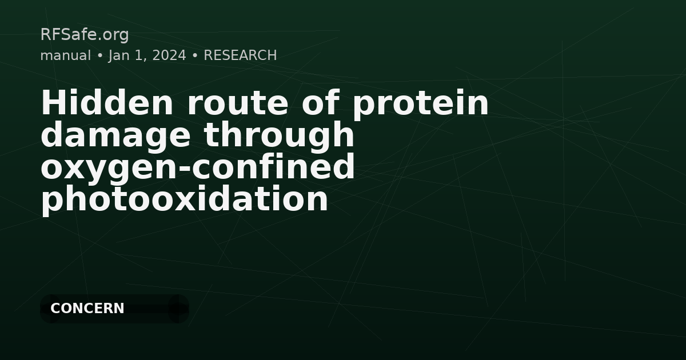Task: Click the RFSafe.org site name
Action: [84, 35]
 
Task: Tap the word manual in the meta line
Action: [65, 55]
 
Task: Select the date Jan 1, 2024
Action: [147, 55]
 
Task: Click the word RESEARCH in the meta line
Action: [240, 55]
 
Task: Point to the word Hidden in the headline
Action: [107, 103]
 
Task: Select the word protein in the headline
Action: [420, 103]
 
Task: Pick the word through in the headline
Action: [280, 135]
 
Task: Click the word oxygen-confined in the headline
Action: [198, 167]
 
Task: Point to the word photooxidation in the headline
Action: [184, 199]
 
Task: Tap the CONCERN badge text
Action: [87, 309]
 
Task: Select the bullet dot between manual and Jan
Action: [99, 56]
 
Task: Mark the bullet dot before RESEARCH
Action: [195, 56]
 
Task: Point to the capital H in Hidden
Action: [51, 103]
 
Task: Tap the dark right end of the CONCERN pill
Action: [178, 309]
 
